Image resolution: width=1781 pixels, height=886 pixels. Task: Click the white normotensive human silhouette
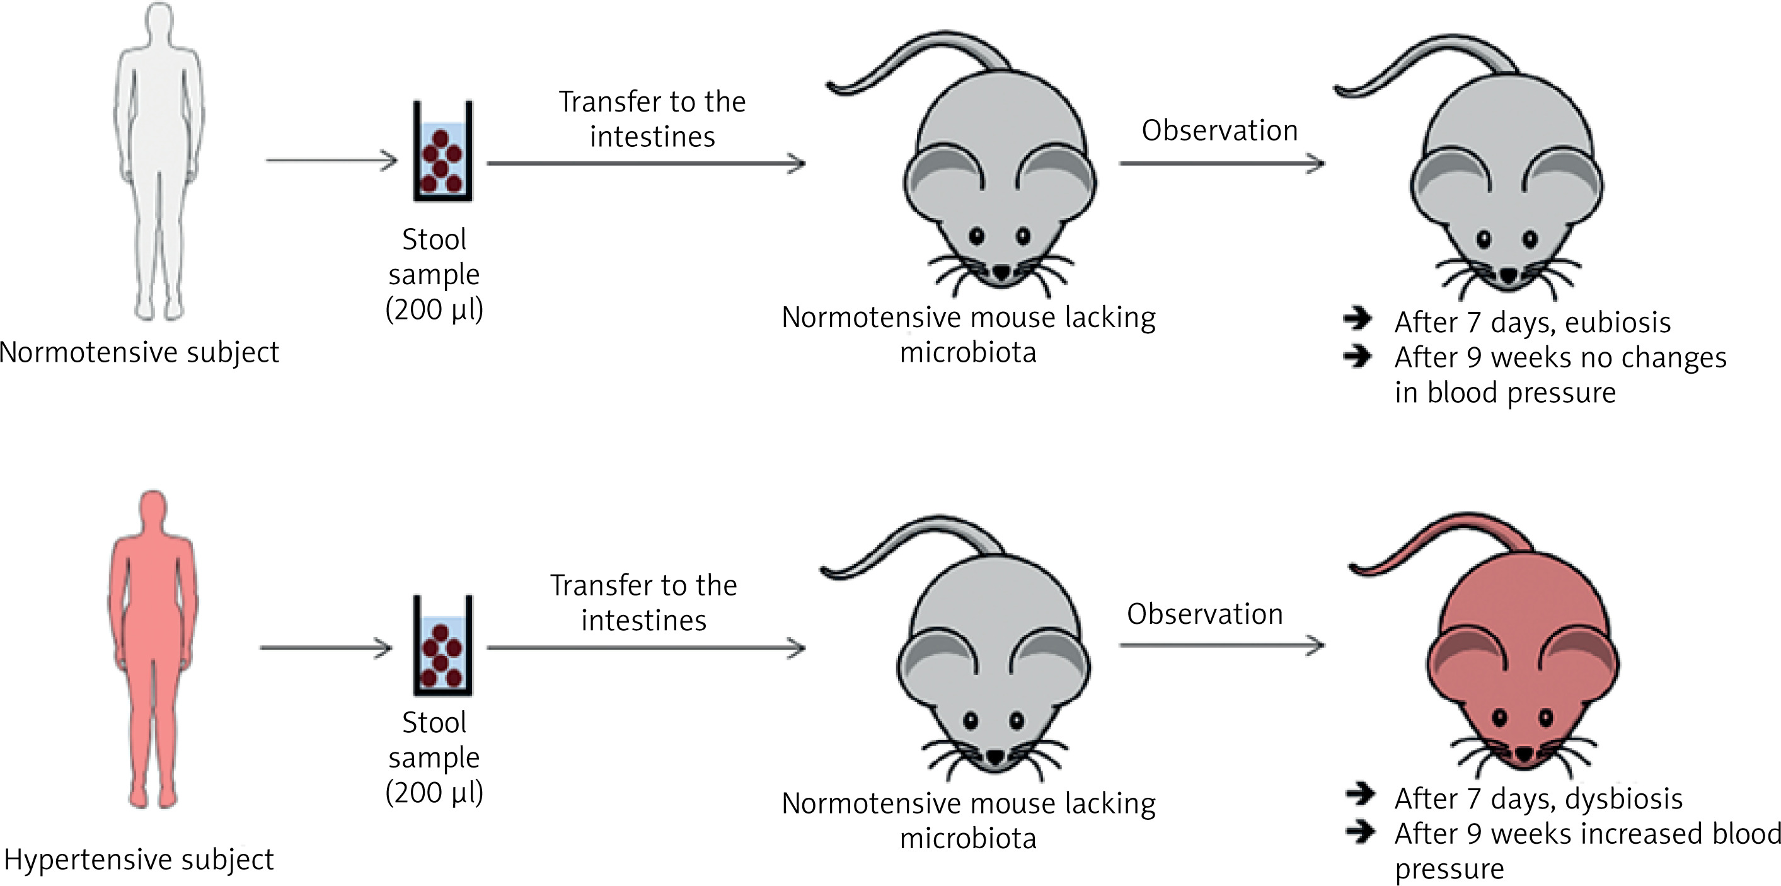point(158,159)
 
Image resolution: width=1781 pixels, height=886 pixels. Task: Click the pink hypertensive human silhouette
point(153,643)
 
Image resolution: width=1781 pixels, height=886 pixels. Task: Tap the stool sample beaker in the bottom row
point(442,646)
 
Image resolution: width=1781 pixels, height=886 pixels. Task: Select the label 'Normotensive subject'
point(139,352)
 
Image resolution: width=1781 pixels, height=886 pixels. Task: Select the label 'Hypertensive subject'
point(139,860)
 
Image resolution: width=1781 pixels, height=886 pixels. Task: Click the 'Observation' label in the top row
point(1219,130)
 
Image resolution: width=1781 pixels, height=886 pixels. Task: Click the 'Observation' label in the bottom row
point(1205,614)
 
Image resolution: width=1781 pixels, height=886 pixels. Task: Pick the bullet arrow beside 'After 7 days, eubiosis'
point(1358,319)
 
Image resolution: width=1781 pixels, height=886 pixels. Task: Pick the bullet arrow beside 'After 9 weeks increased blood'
point(1360,831)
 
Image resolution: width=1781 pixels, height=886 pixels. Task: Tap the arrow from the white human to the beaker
point(332,161)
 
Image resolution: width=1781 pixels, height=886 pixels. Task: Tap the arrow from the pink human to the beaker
point(326,648)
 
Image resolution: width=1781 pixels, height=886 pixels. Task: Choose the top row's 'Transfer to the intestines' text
point(652,119)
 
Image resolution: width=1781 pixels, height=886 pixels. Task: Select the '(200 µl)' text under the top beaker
point(434,309)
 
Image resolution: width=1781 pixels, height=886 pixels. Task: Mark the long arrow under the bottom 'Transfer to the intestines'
point(647,648)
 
